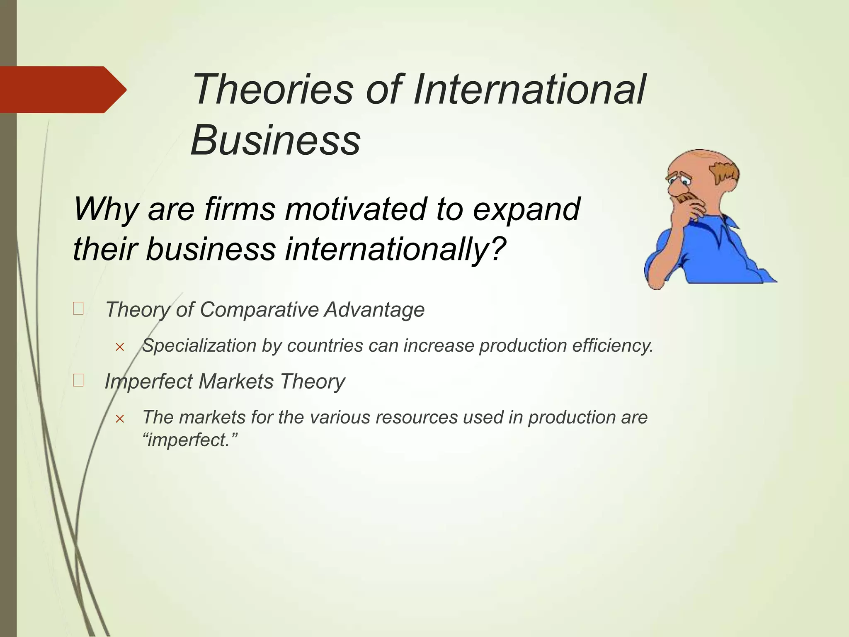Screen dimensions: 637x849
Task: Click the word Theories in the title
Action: click(273, 90)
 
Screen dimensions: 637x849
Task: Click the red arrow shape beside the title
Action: click(62, 90)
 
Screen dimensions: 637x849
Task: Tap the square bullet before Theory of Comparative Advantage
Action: click(78, 309)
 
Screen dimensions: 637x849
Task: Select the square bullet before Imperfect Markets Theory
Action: click(78, 380)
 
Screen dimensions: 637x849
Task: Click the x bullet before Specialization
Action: click(120, 347)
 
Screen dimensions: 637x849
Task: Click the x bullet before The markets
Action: click(120, 419)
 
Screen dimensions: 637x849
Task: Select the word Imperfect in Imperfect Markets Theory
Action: click(148, 382)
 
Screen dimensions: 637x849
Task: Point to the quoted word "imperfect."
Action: click(190, 440)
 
